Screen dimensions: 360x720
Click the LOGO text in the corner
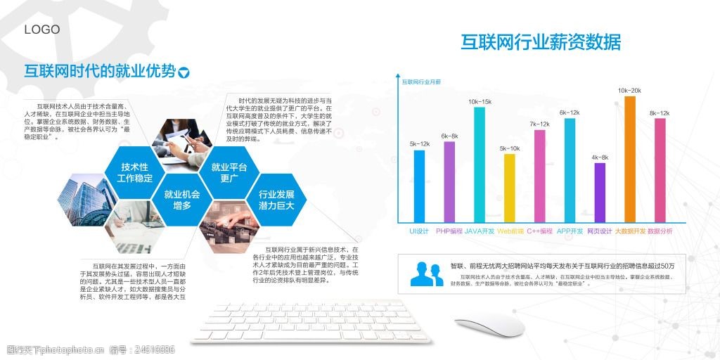tap(42, 30)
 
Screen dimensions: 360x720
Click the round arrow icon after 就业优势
tap(184, 72)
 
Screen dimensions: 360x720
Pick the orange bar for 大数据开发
tap(630, 158)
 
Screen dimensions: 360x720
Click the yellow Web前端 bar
tap(510, 187)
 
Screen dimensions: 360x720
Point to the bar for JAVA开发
tap(480, 163)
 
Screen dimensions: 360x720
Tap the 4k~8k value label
tap(600, 157)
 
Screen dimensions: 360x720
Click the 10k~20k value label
tap(629, 91)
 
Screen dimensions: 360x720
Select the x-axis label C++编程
tap(540, 231)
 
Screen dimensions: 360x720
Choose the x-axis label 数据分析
tap(660, 231)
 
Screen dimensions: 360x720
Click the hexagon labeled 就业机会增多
tap(181, 200)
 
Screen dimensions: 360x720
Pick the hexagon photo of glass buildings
tap(85, 200)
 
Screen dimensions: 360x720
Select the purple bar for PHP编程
tap(449, 181)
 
